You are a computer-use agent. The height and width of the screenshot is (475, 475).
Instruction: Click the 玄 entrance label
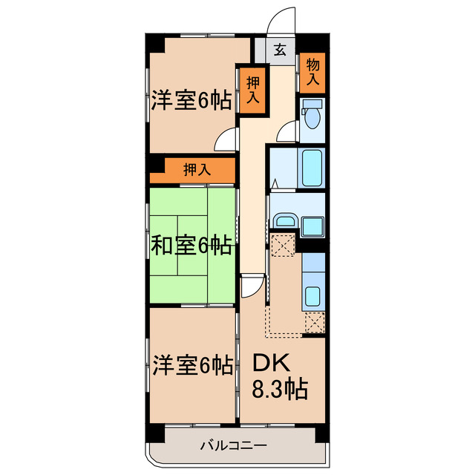point(280,50)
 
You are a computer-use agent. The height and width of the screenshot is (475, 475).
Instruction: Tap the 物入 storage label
point(312,72)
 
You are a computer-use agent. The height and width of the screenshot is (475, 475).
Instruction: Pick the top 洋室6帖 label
point(191,100)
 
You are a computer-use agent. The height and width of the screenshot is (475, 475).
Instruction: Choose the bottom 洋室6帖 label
point(191,365)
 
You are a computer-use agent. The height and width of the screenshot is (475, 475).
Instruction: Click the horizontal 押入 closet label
point(197,169)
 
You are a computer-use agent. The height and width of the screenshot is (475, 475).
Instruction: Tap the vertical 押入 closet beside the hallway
point(252,91)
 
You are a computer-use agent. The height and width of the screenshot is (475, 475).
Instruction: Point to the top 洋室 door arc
point(227,139)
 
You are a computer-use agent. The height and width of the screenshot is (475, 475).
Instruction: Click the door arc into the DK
point(252,286)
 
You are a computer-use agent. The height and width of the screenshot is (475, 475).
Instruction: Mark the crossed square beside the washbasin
point(283,245)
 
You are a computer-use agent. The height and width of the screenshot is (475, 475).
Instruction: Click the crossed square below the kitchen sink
point(315,321)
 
